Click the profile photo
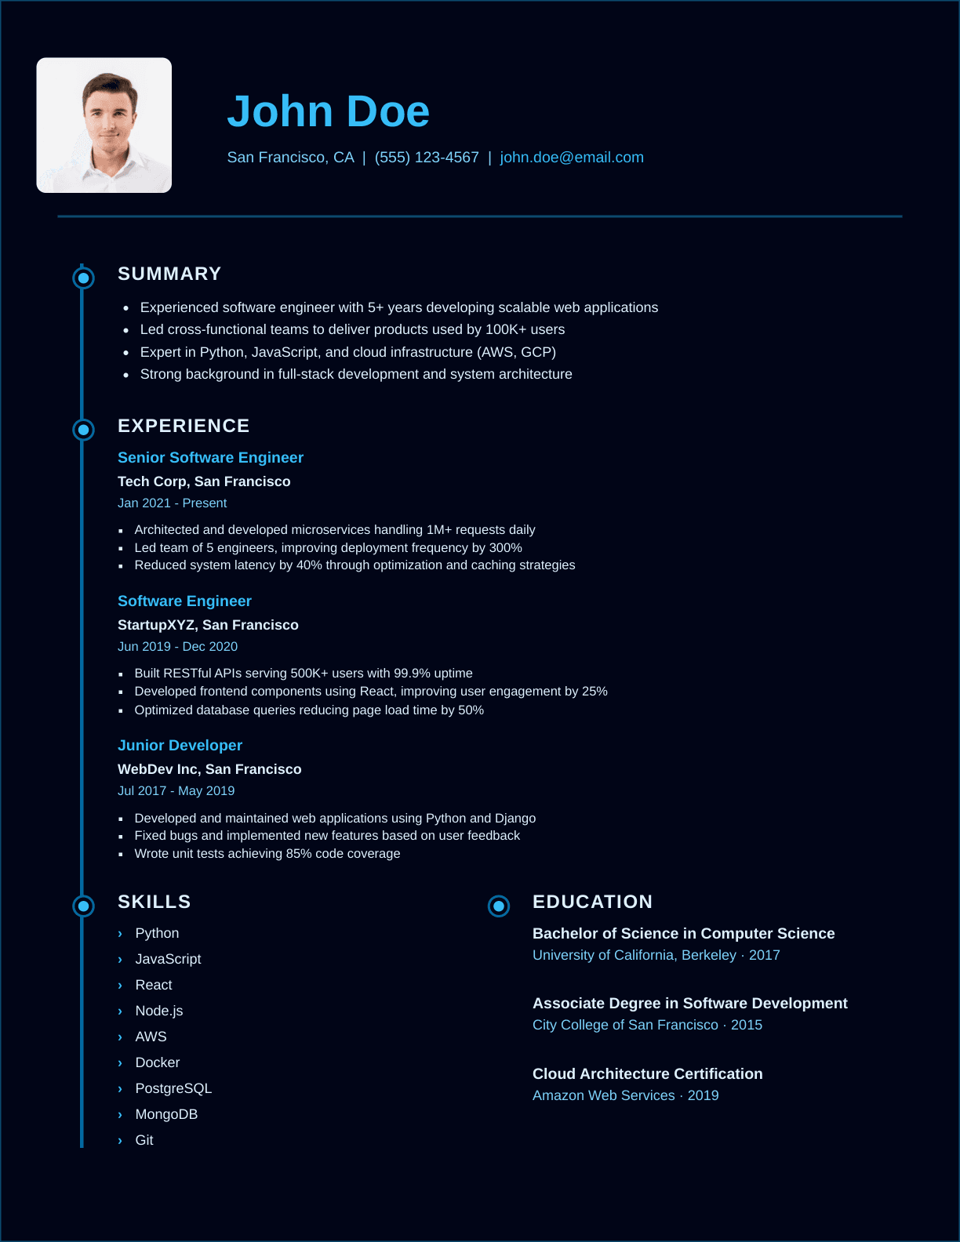pyautogui.click(x=104, y=125)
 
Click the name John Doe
pyautogui.click(x=328, y=111)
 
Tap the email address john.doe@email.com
pyautogui.click(x=571, y=158)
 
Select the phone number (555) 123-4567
pyautogui.click(x=427, y=158)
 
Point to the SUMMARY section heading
pyautogui.click(x=169, y=274)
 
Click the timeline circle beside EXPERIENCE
pyautogui.click(x=83, y=430)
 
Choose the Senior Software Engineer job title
pyautogui.click(x=210, y=457)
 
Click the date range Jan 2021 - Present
pyautogui.click(x=172, y=503)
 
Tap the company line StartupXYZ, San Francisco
pyautogui.click(x=208, y=625)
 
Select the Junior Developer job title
pyautogui.click(x=180, y=746)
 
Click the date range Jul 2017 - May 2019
pyautogui.click(x=176, y=790)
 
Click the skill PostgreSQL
pyautogui.click(x=173, y=1088)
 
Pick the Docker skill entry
pyautogui.click(x=158, y=1062)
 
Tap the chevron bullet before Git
pyautogui.click(x=120, y=1141)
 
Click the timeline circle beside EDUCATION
pyautogui.click(x=499, y=906)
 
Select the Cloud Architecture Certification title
pyautogui.click(x=647, y=1073)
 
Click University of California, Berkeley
pyautogui.click(x=634, y=955)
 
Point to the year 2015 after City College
pyautogui.click(x=747, y=1025)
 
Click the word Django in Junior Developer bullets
pyautogui.click(x=515, y=818)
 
